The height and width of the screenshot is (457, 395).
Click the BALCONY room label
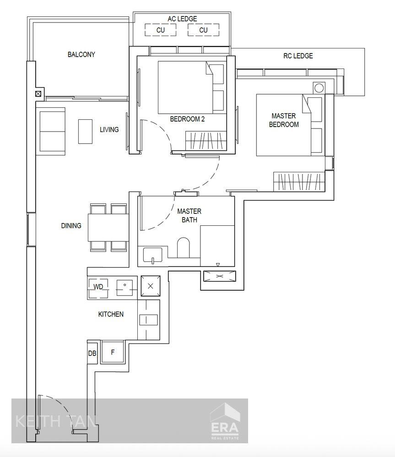[81, 54]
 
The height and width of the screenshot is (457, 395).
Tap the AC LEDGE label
[182, 19]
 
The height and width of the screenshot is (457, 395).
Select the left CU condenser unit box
[161, 30]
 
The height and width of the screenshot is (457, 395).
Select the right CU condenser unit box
[204, 30]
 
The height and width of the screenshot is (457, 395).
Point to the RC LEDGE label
[298, 56]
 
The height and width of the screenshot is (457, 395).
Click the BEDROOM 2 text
[187, 119]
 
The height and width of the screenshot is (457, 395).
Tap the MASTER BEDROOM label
[284, 120]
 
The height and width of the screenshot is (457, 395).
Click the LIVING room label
[109, 129]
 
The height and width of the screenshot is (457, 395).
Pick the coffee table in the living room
[85, 132]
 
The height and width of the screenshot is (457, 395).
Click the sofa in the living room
[50, 129]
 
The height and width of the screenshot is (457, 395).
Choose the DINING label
[71, 226]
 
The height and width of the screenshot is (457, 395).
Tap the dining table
[108, 228]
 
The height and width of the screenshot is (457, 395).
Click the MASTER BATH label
[189, 215]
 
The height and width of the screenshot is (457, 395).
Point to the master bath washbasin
[152, 255]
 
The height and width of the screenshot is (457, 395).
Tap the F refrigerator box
[113, 352]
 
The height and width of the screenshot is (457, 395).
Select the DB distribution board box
[92, 353]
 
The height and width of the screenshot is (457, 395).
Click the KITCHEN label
[111, 314]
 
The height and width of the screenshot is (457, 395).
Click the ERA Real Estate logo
[225, 421]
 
